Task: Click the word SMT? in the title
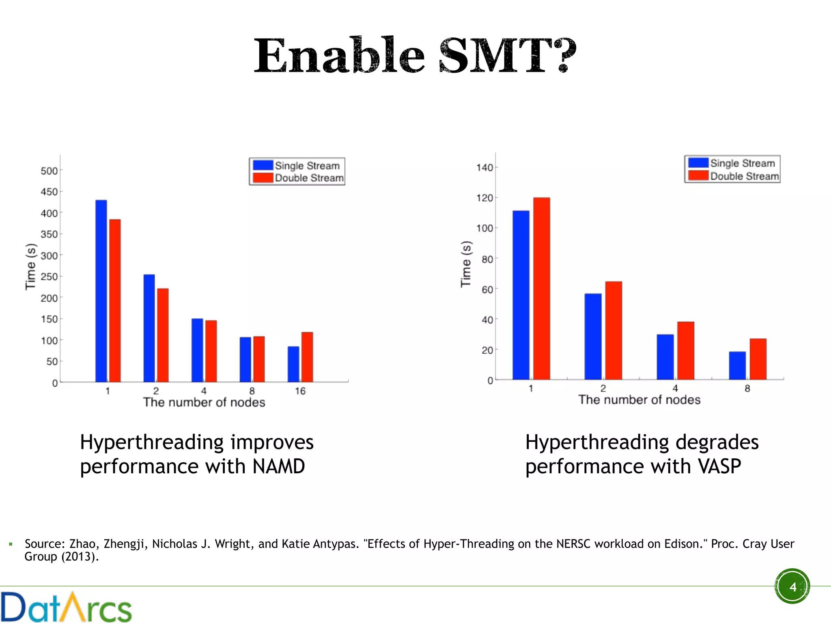click(507, 56)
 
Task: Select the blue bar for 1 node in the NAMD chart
click(101, 291)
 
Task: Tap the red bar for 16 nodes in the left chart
click(307, 357)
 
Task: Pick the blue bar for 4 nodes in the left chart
click(197, 350)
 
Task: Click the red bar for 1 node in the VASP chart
click(541, 288)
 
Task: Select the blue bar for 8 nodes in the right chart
click(737, 365)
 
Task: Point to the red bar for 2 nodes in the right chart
click(614, 331)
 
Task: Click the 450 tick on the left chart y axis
click(49, 192)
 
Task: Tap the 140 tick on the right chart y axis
click(484, 168)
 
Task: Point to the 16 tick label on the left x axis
click(300, 391)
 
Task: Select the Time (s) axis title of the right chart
click(466, 264)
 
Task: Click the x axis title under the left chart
click(204, 402)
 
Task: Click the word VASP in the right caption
click(719, 466)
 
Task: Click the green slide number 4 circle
click(792, 586)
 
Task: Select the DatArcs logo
click(66, 607)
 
